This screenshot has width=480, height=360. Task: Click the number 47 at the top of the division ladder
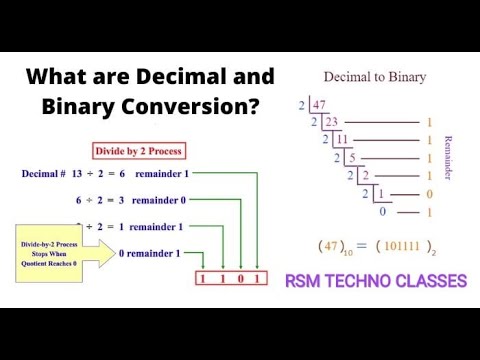321,103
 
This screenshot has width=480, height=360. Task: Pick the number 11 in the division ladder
342,141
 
